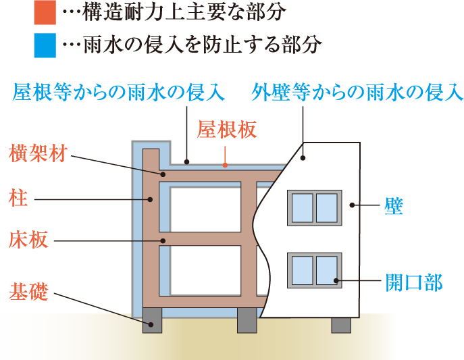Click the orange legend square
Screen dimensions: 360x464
[x=44, y=11]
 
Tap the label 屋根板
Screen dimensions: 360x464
[x=227, y=130]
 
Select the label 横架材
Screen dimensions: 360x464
[x=38, y=153]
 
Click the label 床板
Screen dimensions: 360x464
[x=28, y=240]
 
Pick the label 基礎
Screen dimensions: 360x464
[x=28, y=292]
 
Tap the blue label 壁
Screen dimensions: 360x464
[x=393, y=206]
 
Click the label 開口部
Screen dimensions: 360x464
[x=413, y=282]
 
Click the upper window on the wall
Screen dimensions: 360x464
[x=313, y=208]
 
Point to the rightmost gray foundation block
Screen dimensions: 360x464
[x=340, y=324]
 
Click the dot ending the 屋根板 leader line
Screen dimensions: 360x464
[x=226, y=164]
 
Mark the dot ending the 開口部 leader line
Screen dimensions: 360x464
[x=336, y=280]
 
